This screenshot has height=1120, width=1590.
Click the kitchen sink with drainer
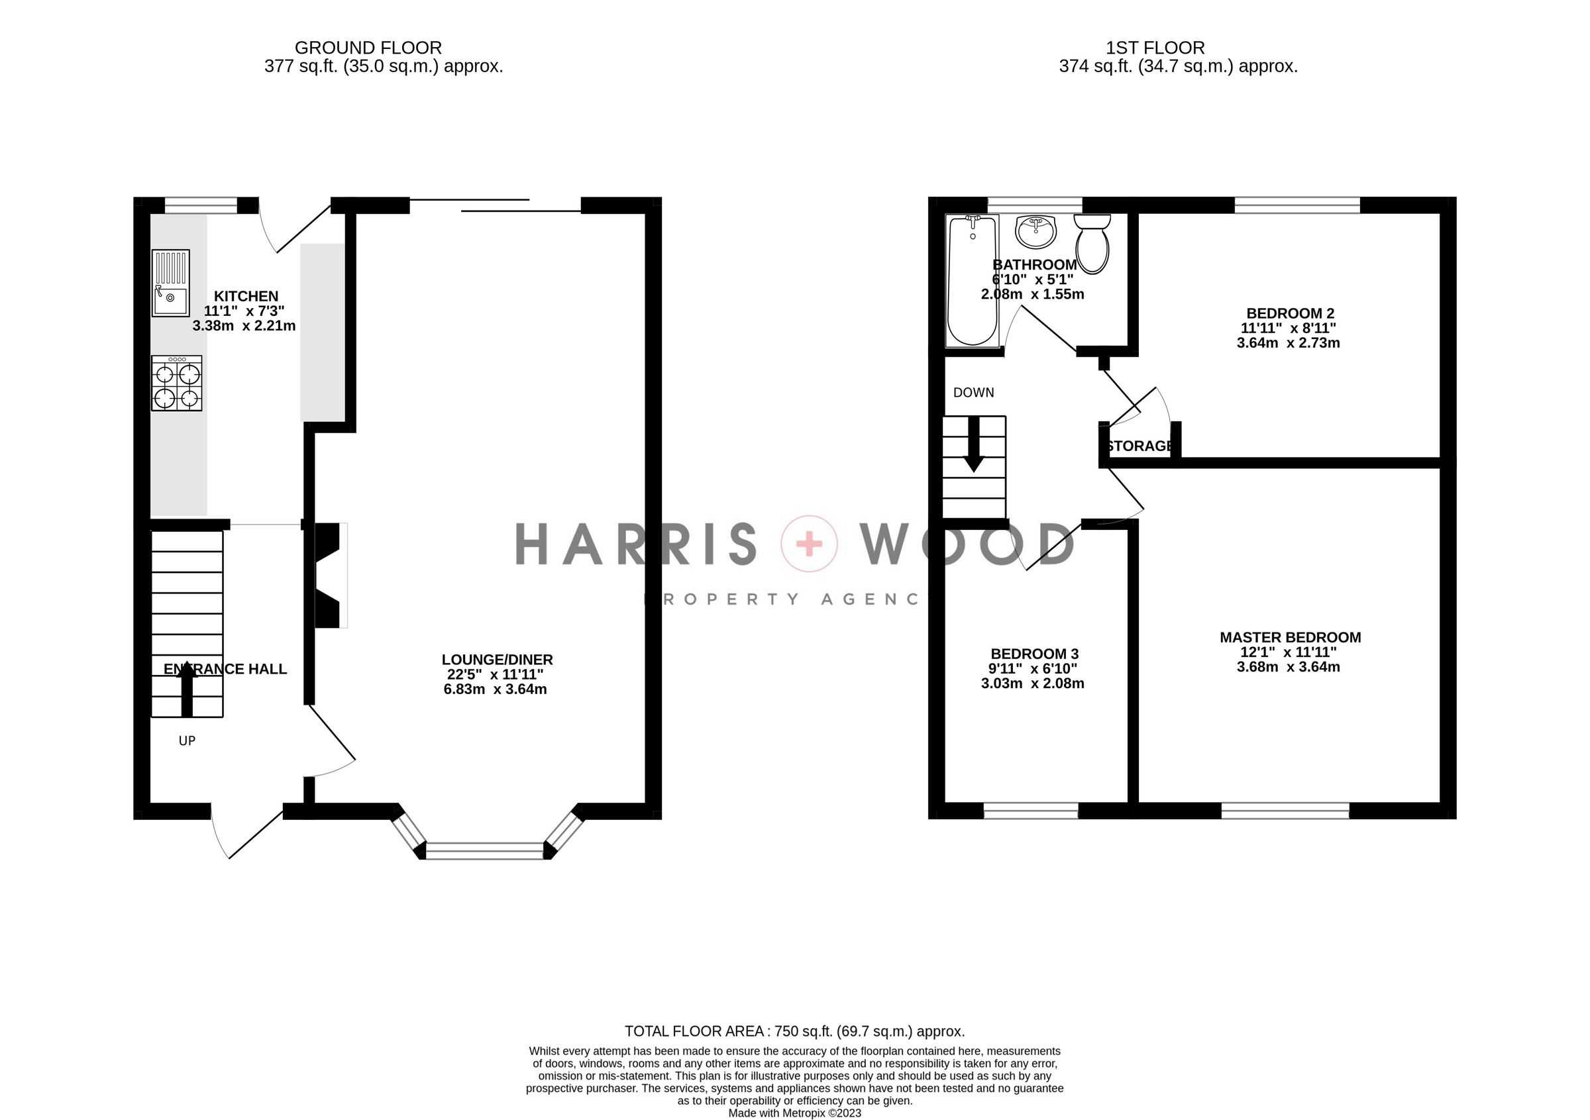pyautogui.click(x=170, y=282)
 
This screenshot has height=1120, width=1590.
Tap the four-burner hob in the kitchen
pyautogui.click(x=177, y=383)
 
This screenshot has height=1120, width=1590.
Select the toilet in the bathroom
pyautogui.click(x=1092, y=244)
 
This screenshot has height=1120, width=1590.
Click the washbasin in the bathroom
pyautogui.click(x=1036, y=231)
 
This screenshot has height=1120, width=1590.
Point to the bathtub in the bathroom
pyautogui.click(x=973, y=280)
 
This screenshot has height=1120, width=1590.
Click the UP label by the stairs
pyautogui.click(x=187, y=740)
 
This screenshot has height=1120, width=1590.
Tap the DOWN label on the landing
pyautogui.click(x=973, y=393)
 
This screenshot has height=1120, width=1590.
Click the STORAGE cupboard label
pyautogui.click(x=1140, y=446)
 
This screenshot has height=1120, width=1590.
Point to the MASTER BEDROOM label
pyautogui.click(x=1289, y=638)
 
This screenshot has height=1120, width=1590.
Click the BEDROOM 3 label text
pyautogui.click(x=1034, y=654)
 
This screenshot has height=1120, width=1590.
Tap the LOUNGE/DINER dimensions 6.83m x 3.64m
pyautogui.click(x=495, y=689)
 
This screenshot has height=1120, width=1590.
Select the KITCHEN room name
pyautogui.click(x=246, y=296)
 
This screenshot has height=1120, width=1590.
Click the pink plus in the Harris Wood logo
pyautogui.click(x=809, y=544)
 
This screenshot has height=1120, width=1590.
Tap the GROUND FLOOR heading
pyautogui.click(x=368, y=48)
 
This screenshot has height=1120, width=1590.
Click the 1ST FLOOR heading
pyautogui.click(x=1155, y=48)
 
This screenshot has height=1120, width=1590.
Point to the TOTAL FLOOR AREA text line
pyautogui.click(x=794, y=1031)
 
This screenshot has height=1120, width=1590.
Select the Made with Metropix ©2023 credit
pyautogui.click(x=794, y=1113)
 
